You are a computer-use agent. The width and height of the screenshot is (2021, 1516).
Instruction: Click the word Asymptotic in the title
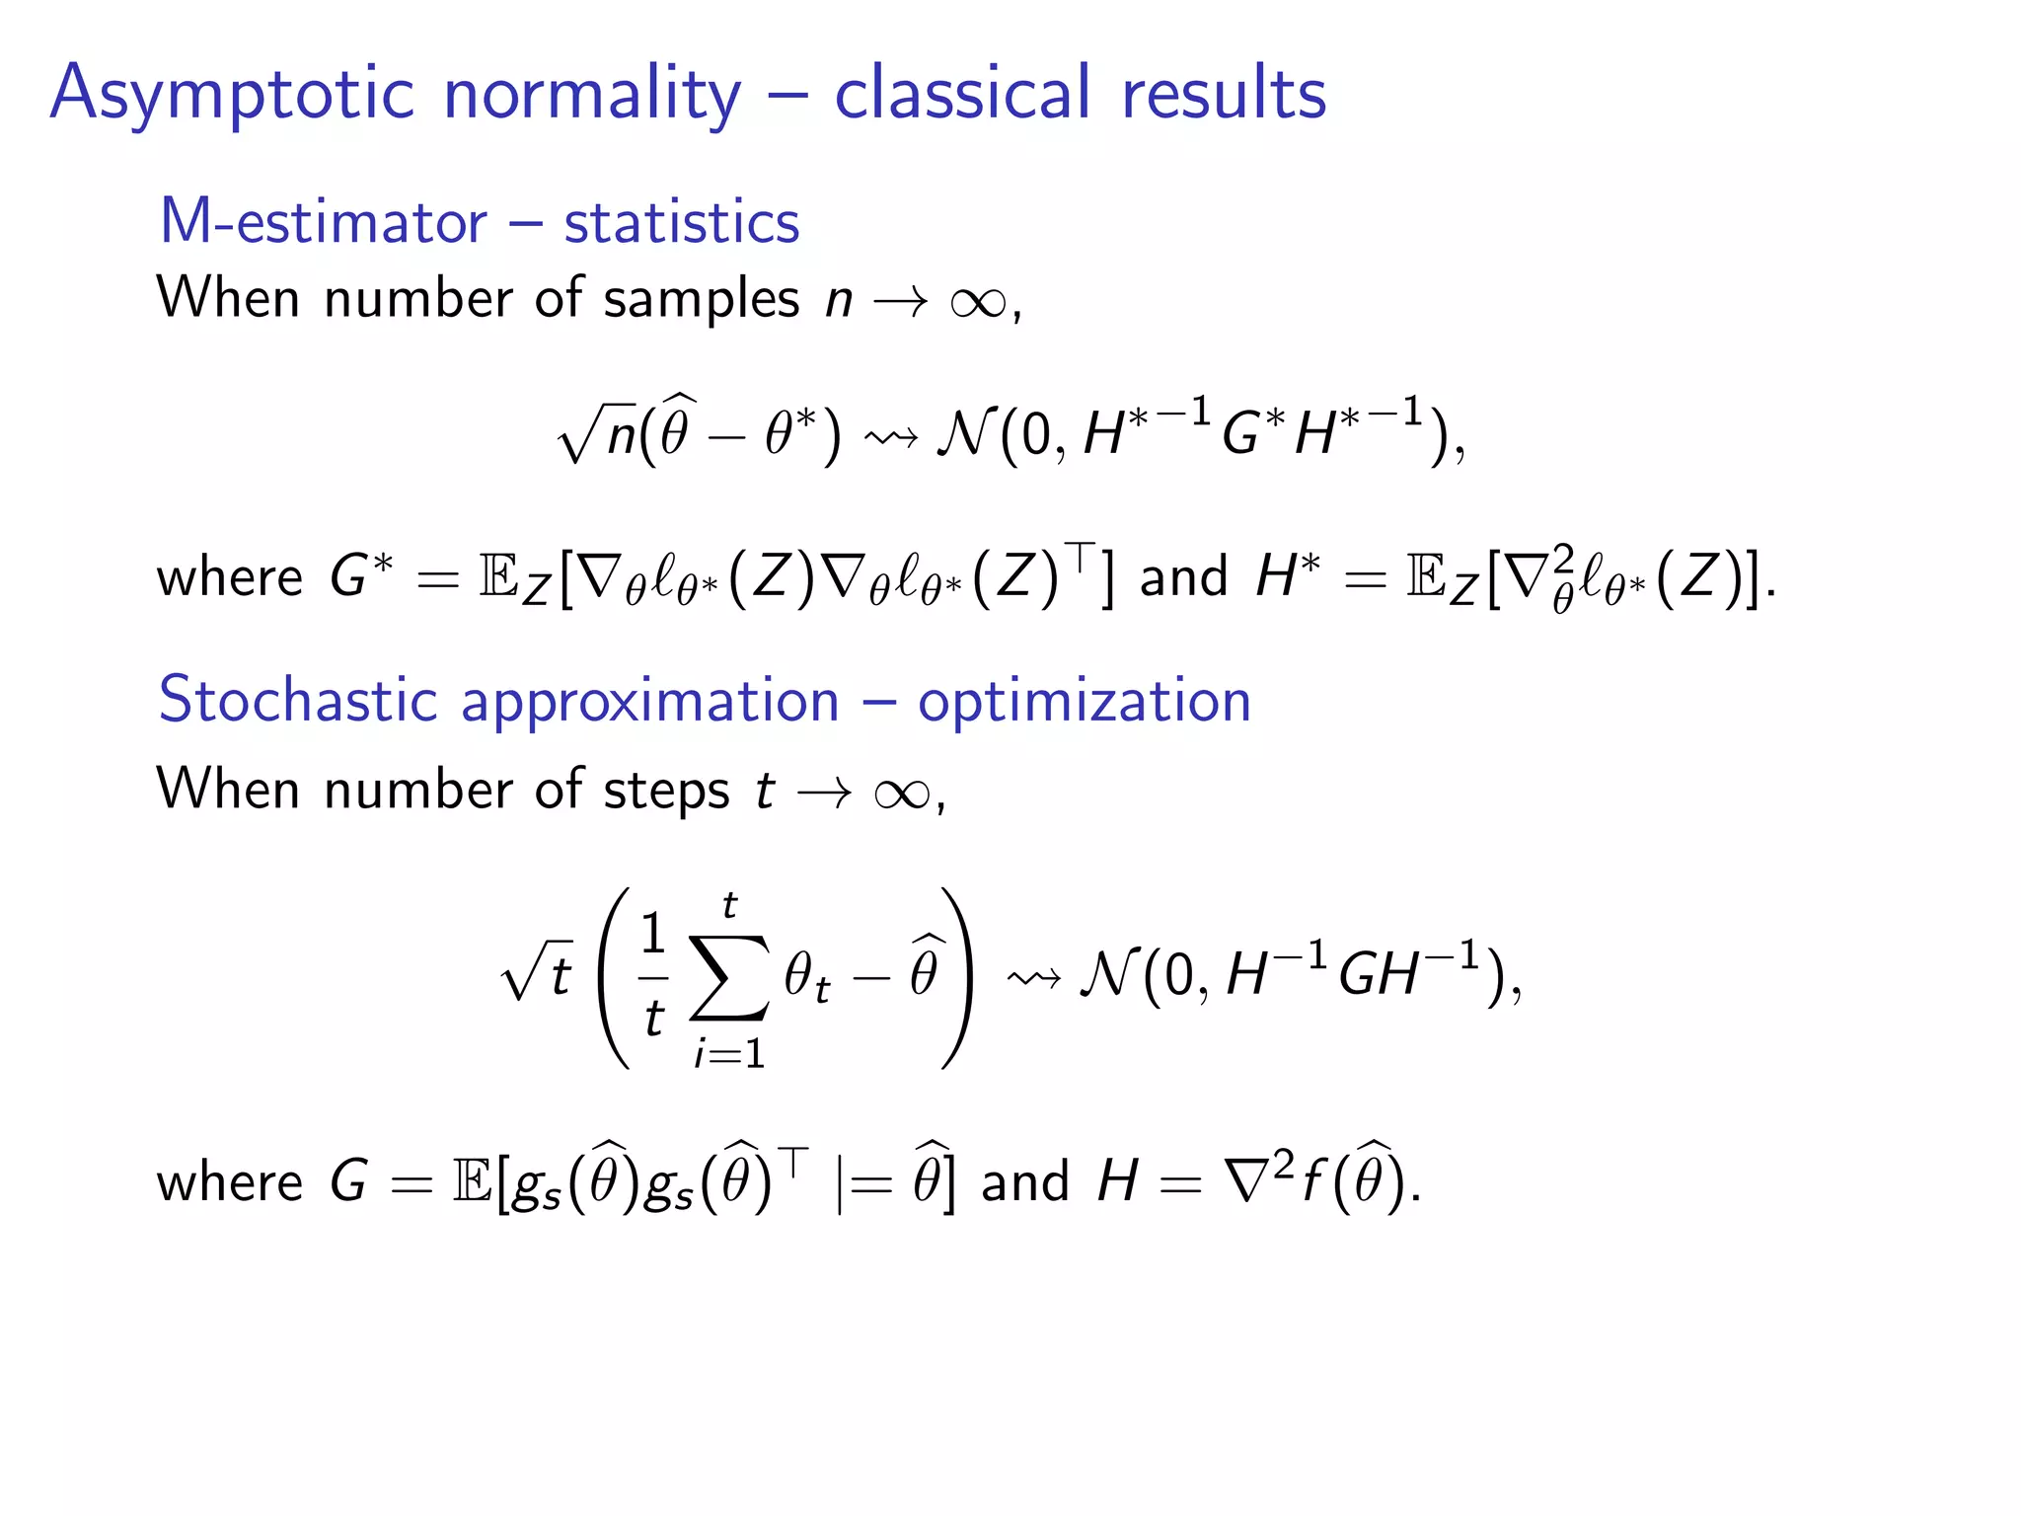[232, 94]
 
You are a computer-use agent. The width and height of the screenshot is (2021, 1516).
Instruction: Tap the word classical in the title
[963, 94]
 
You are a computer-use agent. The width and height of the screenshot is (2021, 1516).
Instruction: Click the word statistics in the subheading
[681, 221]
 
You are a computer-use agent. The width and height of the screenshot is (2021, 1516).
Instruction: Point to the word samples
[701, 298]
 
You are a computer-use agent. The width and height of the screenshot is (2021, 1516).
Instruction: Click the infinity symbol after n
[977, 301]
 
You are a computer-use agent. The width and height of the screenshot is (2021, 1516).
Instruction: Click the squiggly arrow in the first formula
[889, 435]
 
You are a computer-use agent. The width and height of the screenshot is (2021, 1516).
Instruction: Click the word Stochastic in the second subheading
[297, 700]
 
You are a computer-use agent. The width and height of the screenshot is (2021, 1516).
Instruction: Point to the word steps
[666, 791]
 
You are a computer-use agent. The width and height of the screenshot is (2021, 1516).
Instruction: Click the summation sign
[729, 977]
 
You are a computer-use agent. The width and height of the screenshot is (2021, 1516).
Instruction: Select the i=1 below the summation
[729, 1054]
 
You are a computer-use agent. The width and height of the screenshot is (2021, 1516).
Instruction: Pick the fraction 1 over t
[652, 975]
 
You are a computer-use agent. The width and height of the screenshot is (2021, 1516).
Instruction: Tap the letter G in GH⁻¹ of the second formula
[1358, 975]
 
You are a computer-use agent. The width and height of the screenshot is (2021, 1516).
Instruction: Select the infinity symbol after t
[901, 793]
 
